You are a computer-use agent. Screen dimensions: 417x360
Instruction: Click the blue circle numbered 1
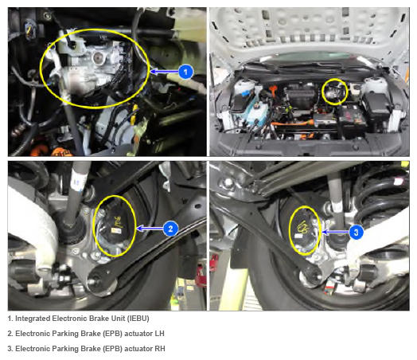tap(185, 72)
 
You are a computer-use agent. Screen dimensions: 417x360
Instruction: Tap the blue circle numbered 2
tap(170, 229)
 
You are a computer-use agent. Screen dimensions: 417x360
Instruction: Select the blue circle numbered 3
tap(356, 233)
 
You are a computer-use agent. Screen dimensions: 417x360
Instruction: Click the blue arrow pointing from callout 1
tap(164, 72)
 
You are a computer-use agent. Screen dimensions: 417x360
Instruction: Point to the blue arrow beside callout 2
tap(150, 229)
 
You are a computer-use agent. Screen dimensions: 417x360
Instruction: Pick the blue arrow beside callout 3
tap(335, 233)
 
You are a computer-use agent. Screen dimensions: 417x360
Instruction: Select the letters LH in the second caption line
tap(160, 334)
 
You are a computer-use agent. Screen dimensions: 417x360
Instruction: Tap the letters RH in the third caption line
tap(160, 349)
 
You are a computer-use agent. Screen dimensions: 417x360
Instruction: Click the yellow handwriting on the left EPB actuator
tap(118, 221)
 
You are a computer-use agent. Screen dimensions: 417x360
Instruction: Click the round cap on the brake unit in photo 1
tap(98, 57)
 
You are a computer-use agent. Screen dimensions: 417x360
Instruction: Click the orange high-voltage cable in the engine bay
tap(293, 124)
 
